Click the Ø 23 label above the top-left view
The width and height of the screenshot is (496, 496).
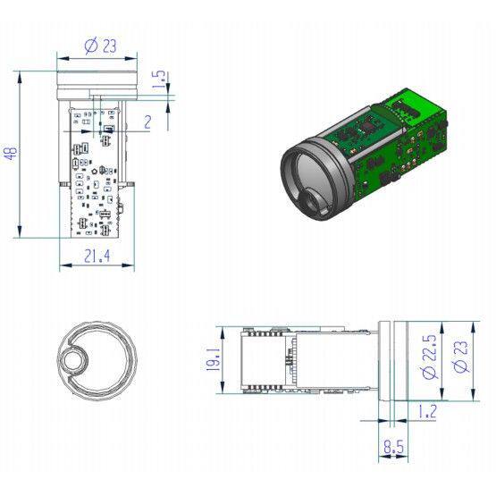101,46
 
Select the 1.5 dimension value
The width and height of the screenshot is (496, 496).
159,79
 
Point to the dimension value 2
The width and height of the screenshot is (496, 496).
147,122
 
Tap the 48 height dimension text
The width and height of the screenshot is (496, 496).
12,154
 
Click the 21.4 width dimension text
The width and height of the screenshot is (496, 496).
97,256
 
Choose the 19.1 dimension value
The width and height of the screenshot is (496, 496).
214,359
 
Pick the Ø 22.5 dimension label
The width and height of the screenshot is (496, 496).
429,357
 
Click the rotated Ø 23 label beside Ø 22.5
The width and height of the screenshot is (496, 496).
460,357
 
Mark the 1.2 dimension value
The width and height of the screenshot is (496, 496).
427,411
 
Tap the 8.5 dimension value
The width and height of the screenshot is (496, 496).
394,448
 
